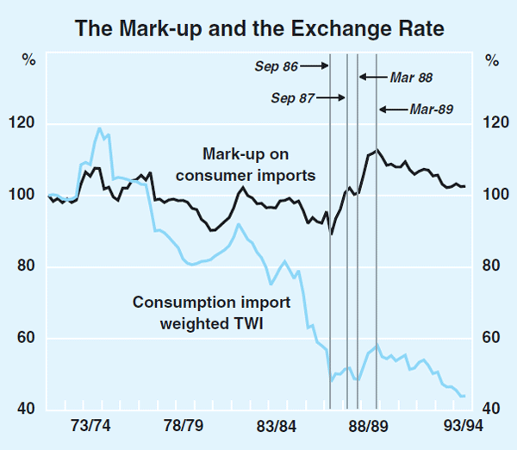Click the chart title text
[258, 29]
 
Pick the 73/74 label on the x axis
[89, 426]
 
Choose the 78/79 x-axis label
[183, 426]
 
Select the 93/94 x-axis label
[462, 426]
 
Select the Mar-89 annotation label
[431, 109]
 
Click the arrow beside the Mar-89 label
[392, 109]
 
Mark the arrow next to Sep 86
[315, 65]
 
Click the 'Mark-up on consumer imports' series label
[259, 165]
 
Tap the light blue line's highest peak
[100, 128]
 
